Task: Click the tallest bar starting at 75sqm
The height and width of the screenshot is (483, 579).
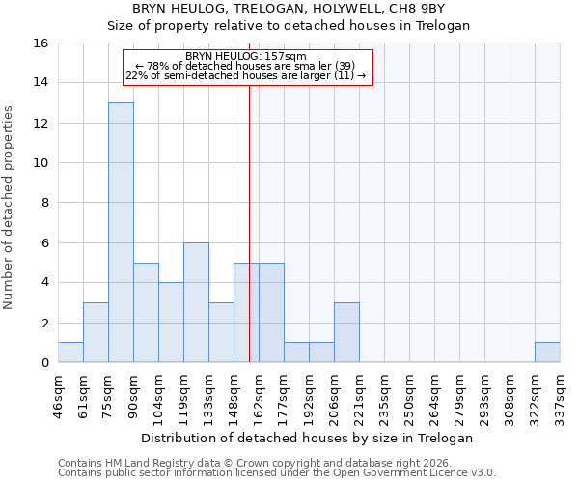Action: point(121,233)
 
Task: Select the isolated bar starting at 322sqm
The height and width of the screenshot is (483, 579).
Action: point(547,353)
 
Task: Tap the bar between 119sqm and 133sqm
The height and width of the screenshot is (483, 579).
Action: point(196,302)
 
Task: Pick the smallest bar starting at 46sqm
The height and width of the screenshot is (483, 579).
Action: point(70,353)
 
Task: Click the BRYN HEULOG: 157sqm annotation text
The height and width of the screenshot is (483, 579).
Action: point(245,56)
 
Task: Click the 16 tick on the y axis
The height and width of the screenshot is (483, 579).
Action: point(42,43)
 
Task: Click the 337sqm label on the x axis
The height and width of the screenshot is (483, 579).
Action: point(560,392)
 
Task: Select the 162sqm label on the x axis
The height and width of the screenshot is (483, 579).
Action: point(259,392)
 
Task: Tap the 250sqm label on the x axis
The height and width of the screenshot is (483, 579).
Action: point(409,392)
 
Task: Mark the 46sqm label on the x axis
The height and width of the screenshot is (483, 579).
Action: point(58,392)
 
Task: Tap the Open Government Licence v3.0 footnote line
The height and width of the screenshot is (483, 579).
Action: point(277,473)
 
